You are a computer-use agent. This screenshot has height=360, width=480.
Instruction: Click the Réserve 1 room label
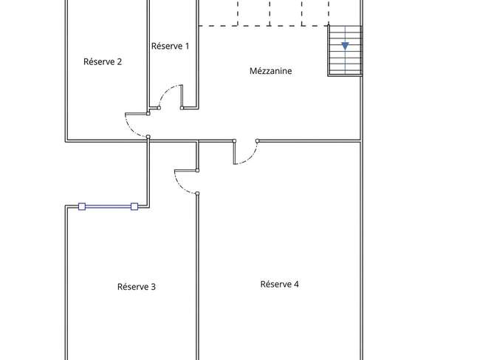pyautogui.click(x=170, y=46)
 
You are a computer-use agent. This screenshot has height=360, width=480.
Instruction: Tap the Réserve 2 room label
pyautogui.click(x=103, y=61)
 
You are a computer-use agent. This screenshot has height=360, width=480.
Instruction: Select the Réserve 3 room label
pyautogui.click(x=137, y=287)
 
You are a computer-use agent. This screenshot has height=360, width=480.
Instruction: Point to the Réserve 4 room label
pyautogui.click(x=279, y=284)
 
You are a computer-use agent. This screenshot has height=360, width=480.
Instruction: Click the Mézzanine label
pyautogui.click(x=270, y=71)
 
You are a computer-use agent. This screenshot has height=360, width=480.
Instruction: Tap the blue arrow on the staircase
pyautogui.click(x=346, y=46)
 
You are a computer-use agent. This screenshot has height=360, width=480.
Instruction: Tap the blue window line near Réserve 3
pyautogui.click(x=108, y=207)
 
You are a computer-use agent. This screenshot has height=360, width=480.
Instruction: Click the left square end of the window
pyautogui.click(x=82, y=207)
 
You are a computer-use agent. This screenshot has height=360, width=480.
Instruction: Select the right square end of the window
pyautogui.click(x=134, y=207)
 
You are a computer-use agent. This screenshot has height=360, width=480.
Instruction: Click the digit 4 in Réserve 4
pyautogui.click(x=296, y=285)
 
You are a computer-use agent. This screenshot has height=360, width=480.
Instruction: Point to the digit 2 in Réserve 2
pyautogui.click(x=120, y=62)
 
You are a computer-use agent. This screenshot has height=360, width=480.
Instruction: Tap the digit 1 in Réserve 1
pyautogui.click(x=187, y=47)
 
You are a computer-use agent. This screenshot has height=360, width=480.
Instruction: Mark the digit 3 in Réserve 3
pyautogui.click(x=154, y=287)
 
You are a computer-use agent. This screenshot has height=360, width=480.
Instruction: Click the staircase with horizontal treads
pyautogui.click(x=346, y=50)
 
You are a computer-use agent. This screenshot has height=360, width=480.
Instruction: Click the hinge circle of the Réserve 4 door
pyautogui.click(x=257, y=141)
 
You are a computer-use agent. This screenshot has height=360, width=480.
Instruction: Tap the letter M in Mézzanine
pyautogui.click(x=253, y=71)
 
